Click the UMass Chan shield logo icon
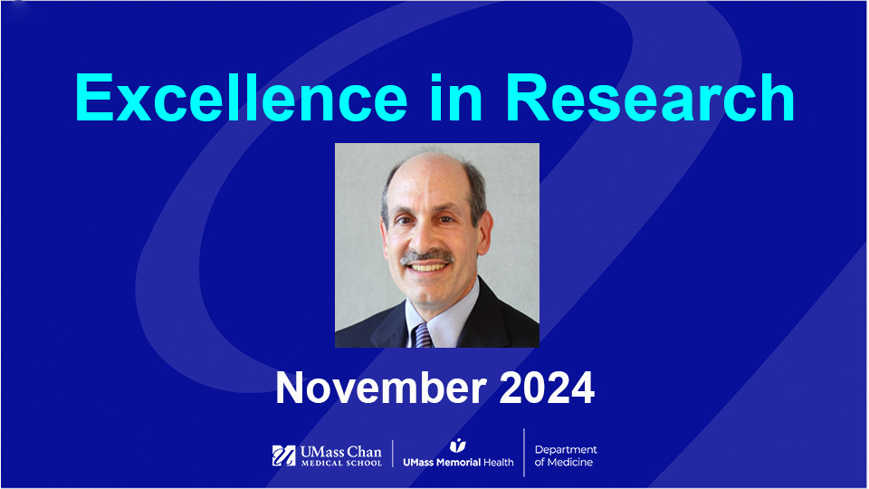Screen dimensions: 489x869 [x=283, y=455]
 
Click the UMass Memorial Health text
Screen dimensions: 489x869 [x=458, y=462]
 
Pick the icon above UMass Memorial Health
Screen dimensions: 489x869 [x=458, y=445]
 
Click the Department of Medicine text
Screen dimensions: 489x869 [x=566, y=455]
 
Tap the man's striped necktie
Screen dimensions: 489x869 [x=422, y=333]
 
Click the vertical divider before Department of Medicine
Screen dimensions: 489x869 [x=524, y=453]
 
